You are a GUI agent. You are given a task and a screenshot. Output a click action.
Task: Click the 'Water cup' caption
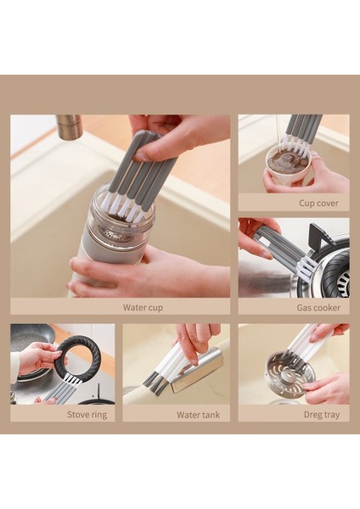(x=143, y=307)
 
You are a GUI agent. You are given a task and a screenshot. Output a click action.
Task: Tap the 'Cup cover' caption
(x=318, y=204)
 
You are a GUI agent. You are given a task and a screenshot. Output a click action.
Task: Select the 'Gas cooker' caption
(x=318, y=307)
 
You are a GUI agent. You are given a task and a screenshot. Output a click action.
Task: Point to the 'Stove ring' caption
(x=87, y=415)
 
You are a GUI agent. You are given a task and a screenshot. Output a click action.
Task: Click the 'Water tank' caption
(x=198, y=415)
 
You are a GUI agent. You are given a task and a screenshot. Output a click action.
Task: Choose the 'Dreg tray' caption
(x=321, y=415)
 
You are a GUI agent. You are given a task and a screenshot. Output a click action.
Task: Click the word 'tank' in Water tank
(x=211, y=415)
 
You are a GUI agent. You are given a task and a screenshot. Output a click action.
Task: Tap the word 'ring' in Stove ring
(x=98, y=415)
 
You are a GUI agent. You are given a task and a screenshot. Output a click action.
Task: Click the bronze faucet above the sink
(x=68, y=126)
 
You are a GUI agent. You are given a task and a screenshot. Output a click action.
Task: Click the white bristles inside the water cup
(x=123, y=207)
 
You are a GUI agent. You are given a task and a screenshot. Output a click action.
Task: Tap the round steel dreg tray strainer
(x=290, y=372)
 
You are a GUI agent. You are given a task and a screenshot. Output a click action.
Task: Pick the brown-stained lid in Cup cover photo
(x=286, y=165)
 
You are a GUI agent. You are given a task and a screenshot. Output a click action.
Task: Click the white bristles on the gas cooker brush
(x=307, y=267)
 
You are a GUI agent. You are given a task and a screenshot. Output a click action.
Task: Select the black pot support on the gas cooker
(x=319, y=238)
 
